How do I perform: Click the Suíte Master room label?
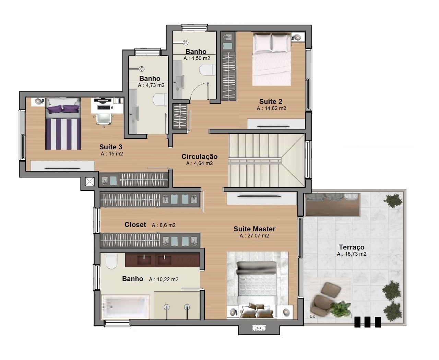click(x=254, y=229)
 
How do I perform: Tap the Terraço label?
click(x=352, y=247)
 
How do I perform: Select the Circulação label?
click(x=199, y=156)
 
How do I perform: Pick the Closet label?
click(x=135, y=224)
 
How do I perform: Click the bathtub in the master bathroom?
click(x=125, y=307)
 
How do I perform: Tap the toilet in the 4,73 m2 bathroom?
click(x=160, y=100)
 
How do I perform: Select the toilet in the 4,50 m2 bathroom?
click(x=207, y=70)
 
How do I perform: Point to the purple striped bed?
click(x=63, y=124)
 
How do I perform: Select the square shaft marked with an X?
click(x=90, y=182)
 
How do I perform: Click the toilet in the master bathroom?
click(x=111, y=261)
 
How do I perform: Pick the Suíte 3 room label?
click(x=111, y=147)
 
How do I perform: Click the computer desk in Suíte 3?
click(x=107, y=106)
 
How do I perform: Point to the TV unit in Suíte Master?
click(x=262, y=198)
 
